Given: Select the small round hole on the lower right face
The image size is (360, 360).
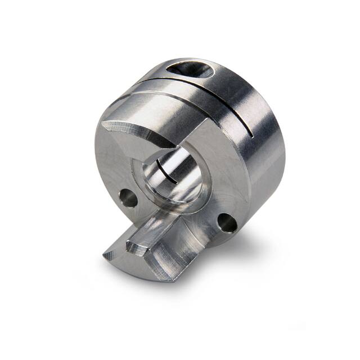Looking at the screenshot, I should [228, 223].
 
